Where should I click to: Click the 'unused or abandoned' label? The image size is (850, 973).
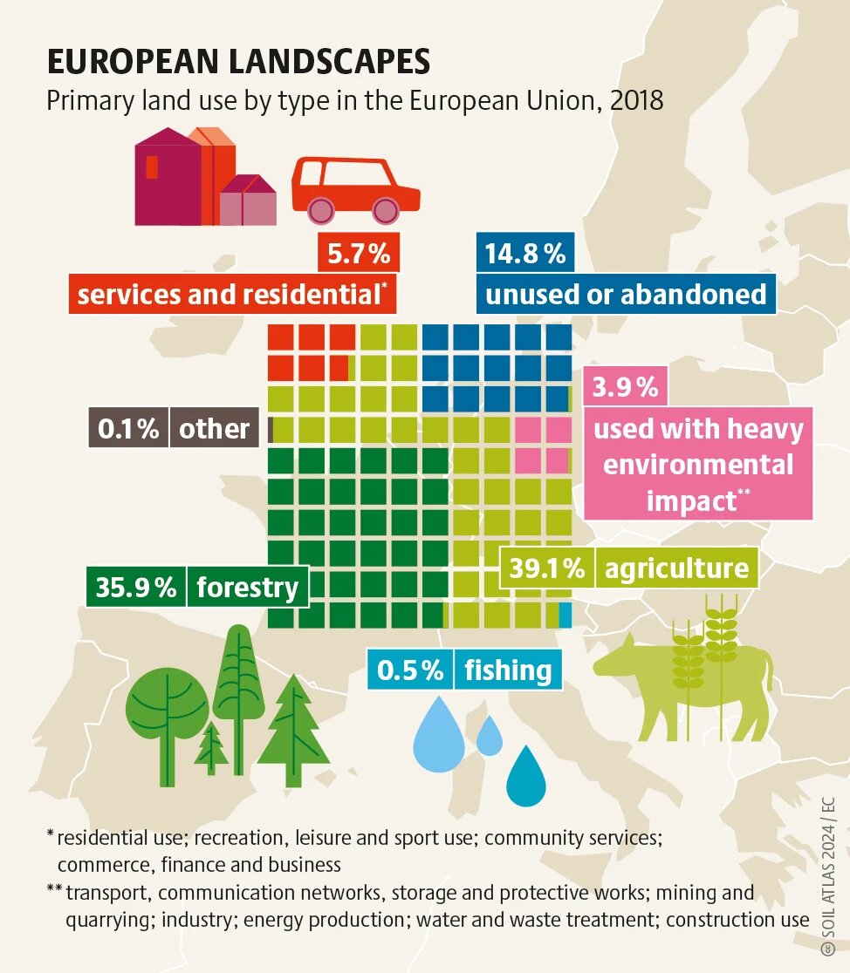626,294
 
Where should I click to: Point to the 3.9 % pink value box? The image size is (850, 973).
625,387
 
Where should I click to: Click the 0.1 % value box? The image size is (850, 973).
128,428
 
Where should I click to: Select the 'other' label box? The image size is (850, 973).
214,428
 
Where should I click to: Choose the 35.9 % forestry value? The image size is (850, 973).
136,587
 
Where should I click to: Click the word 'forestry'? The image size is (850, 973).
248,587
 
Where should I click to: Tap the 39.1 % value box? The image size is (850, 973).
547,568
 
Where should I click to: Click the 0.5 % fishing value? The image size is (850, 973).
410,670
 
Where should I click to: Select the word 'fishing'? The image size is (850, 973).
508,670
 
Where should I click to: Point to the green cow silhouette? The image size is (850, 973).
689,680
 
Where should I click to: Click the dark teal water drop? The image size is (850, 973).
525,775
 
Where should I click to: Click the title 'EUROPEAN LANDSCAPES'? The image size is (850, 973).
238,62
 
